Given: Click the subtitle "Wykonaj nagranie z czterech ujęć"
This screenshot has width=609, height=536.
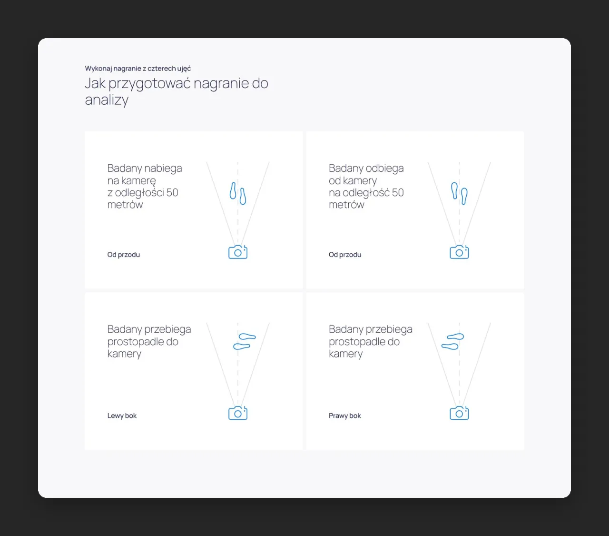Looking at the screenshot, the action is tap(138, 69).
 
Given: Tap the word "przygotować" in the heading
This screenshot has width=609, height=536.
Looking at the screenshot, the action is tap(149, 84).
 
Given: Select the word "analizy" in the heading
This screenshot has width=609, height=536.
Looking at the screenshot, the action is tap(107, 100).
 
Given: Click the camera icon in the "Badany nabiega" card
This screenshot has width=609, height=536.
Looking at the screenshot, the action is tap(238, 252).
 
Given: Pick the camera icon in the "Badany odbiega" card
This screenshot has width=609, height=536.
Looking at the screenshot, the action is tap(459, 252).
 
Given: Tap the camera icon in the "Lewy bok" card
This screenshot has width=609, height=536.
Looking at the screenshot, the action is tap(238, 413).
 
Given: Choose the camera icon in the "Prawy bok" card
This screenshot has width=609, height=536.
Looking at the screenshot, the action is tap(459, 413).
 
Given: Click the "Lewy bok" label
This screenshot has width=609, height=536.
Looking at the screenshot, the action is tap(122, 416).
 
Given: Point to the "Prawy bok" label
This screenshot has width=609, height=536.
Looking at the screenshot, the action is tap(345, 416).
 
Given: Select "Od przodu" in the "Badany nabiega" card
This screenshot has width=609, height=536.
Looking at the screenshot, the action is tap(124, 255).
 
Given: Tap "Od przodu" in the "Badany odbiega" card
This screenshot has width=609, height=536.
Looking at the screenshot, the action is tap(345, 255).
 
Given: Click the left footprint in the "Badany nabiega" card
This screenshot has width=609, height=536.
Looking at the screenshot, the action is tap(233, 190).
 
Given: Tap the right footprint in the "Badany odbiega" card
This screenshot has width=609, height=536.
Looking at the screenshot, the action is tap(464, 197).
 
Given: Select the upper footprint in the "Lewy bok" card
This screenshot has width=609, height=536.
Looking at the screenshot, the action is tap(247, 337).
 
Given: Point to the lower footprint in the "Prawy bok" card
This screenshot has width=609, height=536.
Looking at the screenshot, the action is tap(450, 347).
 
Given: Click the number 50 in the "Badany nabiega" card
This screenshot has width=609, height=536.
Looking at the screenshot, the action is tap(172, 193).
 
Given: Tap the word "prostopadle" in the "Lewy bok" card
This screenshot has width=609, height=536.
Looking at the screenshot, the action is tap(143, 342).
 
